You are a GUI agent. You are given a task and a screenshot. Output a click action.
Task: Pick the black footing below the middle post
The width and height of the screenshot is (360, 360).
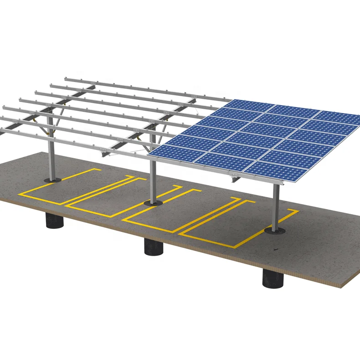click(154, 247)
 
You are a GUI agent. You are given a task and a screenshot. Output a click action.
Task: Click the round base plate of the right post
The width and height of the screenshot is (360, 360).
click(274, 231)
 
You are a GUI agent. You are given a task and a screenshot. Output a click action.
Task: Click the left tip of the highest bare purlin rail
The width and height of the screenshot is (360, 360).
click(66, 79)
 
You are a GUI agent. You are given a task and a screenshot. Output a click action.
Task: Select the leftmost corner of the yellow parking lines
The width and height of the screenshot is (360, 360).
click(20, 193)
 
